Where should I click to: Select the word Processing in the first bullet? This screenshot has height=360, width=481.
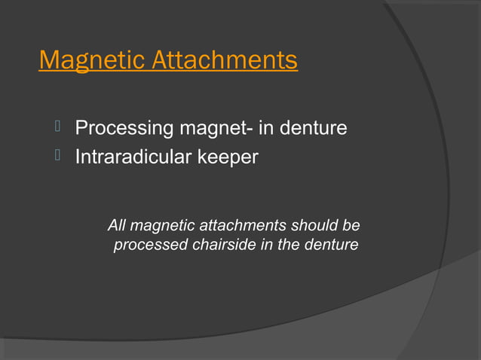tap(124, 129)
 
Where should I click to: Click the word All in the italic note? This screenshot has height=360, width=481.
tap(117, 225)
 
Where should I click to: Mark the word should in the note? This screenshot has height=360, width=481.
tap(316, 225)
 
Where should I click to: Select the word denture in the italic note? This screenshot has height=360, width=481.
tap(332, 245)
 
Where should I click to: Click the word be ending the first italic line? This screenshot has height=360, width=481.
tap(351, 225)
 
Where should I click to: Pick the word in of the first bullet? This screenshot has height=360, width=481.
tap(266, 129)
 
